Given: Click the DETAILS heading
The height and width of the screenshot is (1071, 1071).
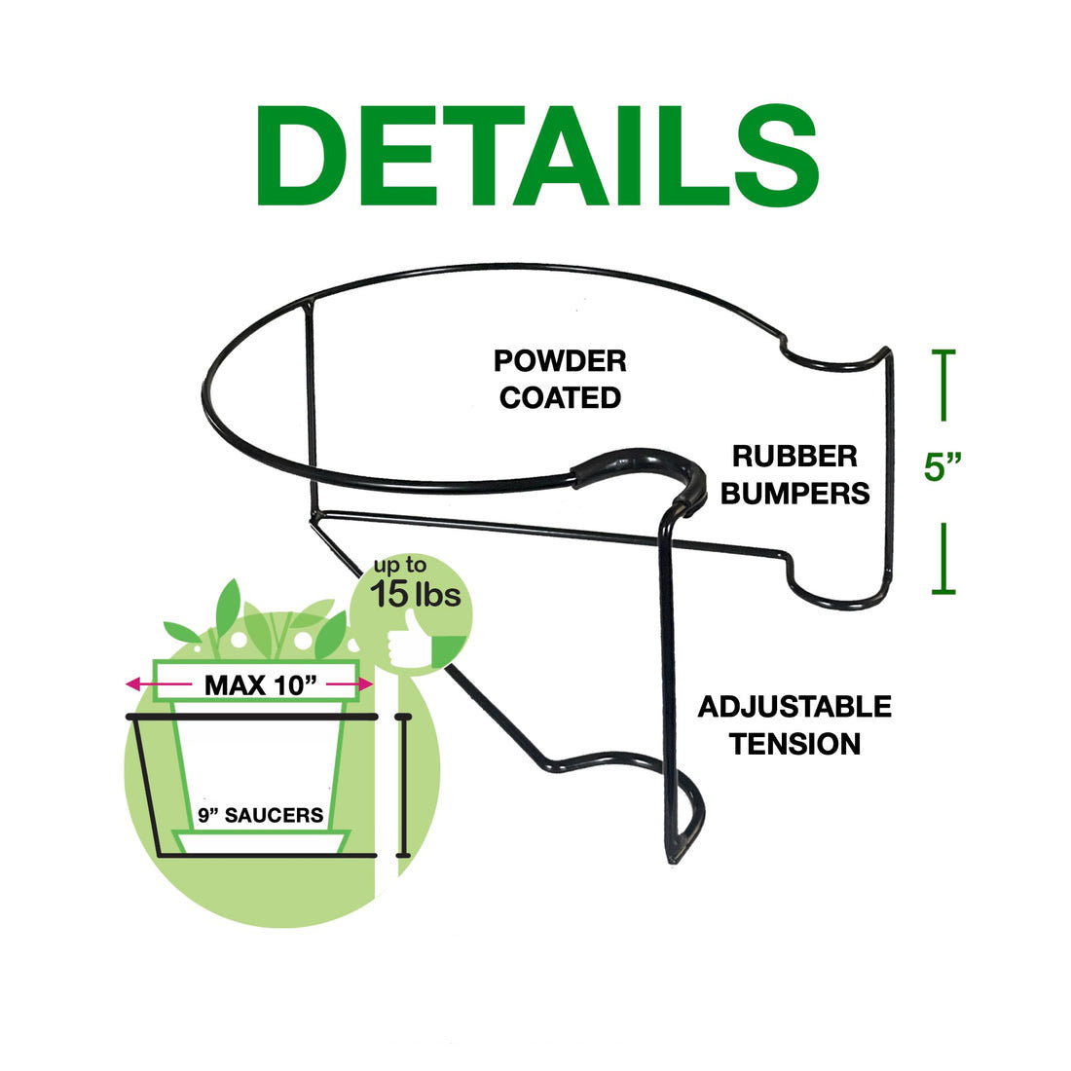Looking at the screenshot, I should point(536,156).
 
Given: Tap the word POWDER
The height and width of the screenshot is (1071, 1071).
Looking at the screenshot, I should point(560,361).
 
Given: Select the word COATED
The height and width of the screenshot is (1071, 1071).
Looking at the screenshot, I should point(560,397).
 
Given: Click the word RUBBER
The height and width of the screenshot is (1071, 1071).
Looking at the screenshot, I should point(794,456).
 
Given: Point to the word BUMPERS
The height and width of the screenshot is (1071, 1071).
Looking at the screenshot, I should point(794,493).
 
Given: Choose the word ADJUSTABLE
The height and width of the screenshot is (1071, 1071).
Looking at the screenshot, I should point(794,707).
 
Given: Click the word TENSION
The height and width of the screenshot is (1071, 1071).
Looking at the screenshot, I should point(794,744).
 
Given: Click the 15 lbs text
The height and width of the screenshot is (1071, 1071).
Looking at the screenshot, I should point(416,595).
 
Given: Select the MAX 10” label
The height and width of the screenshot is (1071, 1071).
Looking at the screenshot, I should point(260,685).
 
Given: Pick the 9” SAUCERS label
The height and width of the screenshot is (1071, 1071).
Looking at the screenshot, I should point(260,816).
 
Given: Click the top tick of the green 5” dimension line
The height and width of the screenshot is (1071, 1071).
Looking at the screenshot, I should point(942,352).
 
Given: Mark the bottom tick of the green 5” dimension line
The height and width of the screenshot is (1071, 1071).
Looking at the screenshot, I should point(942,590).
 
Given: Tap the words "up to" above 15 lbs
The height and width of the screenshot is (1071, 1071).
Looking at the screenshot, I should point(401,566).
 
